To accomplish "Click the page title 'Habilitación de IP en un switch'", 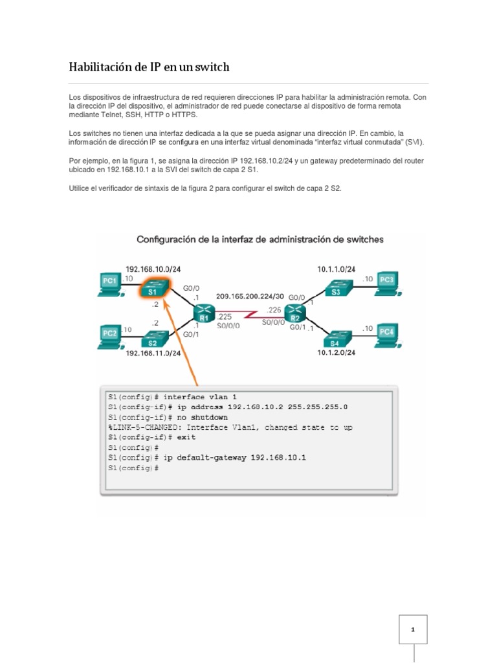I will [149, 67].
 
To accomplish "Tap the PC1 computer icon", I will [111, 282].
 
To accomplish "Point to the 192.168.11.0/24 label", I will [153, 354].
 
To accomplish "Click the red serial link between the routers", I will [248, 316].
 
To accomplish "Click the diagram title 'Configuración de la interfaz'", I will [260, 240].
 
